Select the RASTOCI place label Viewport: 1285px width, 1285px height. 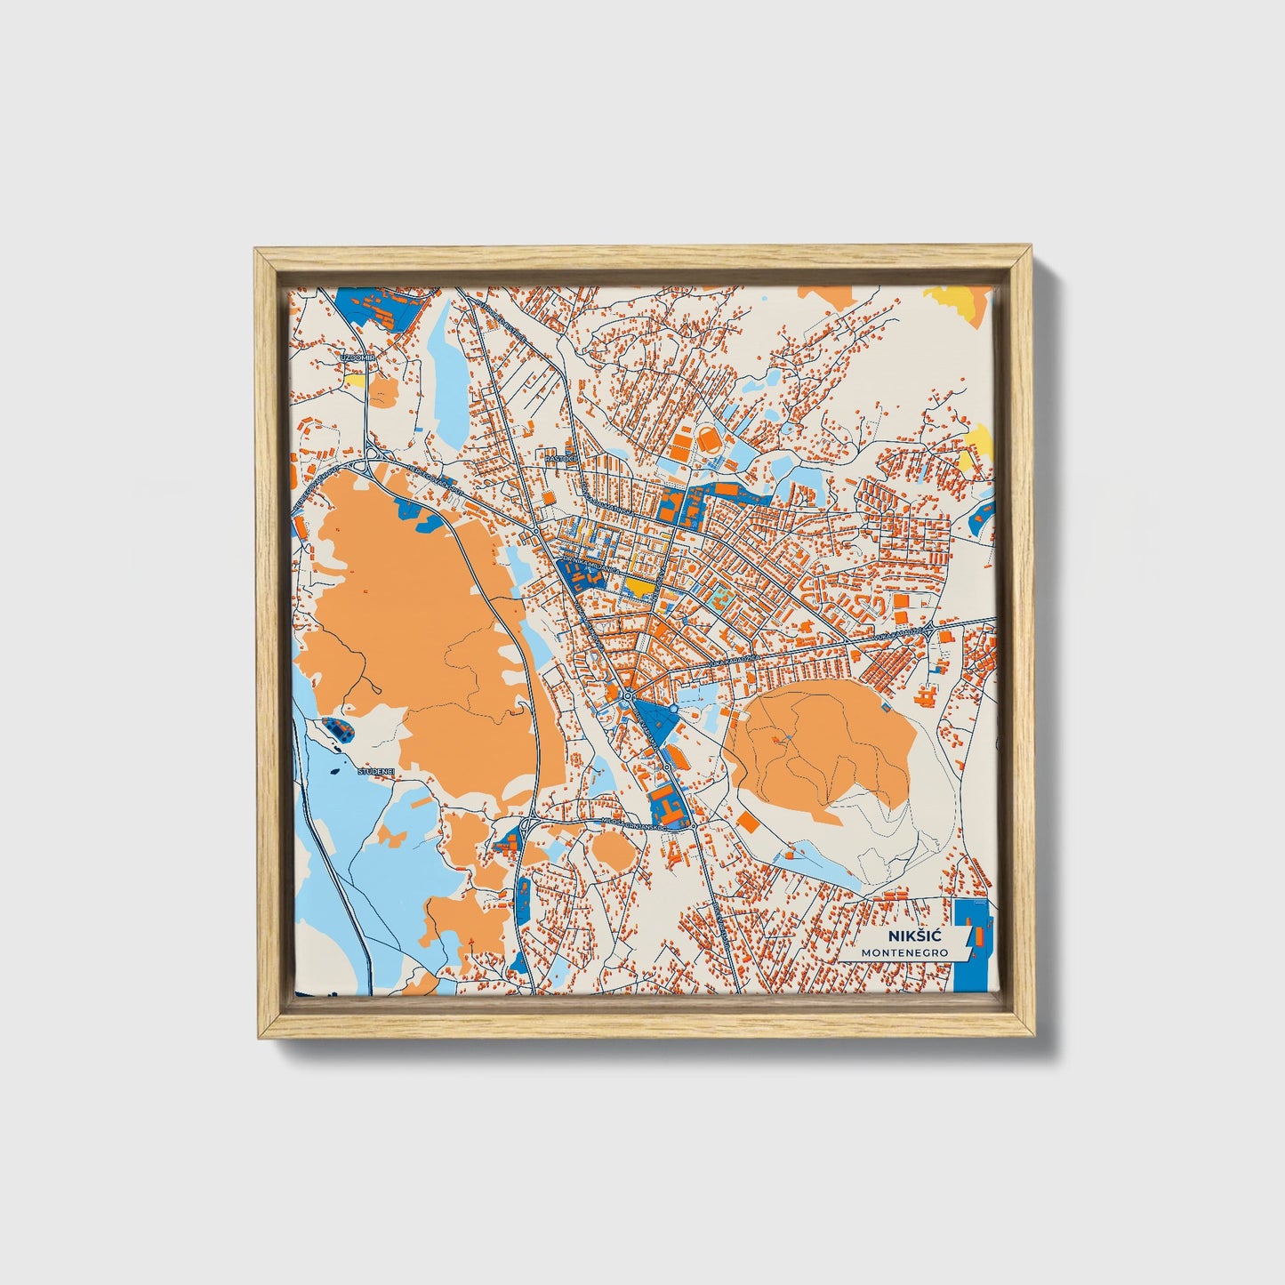pos(561,458)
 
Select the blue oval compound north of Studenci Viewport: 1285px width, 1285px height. pos(338,729)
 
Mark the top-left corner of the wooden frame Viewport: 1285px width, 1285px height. pos(258,252)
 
